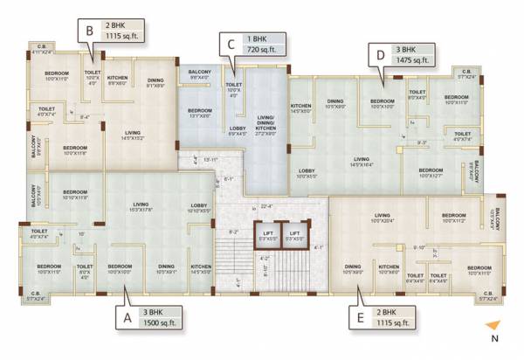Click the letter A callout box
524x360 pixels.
pyautogui.click(x=128, y=319)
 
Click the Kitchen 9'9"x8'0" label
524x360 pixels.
pyautogui.click(x=119, y=80)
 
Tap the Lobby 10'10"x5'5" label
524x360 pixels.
pyautogui.click(x=200, y=208)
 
